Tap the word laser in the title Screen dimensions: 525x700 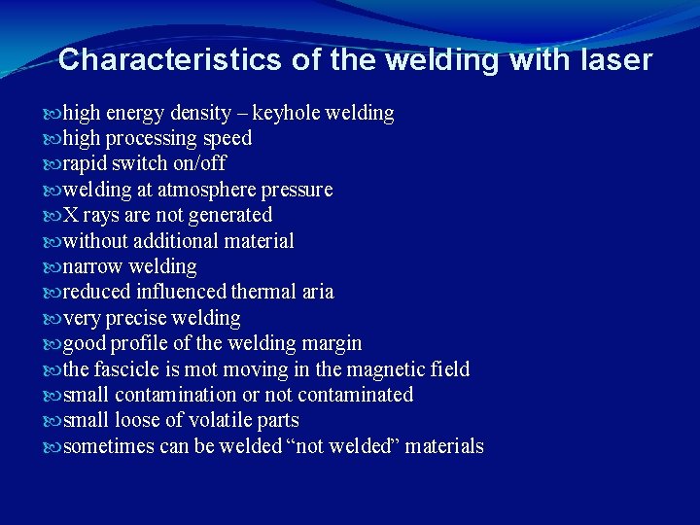[613, 60]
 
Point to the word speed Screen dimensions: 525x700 [227, 138]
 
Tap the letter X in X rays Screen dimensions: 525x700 [70, 214]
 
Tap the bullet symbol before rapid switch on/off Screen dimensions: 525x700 [53, 163]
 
